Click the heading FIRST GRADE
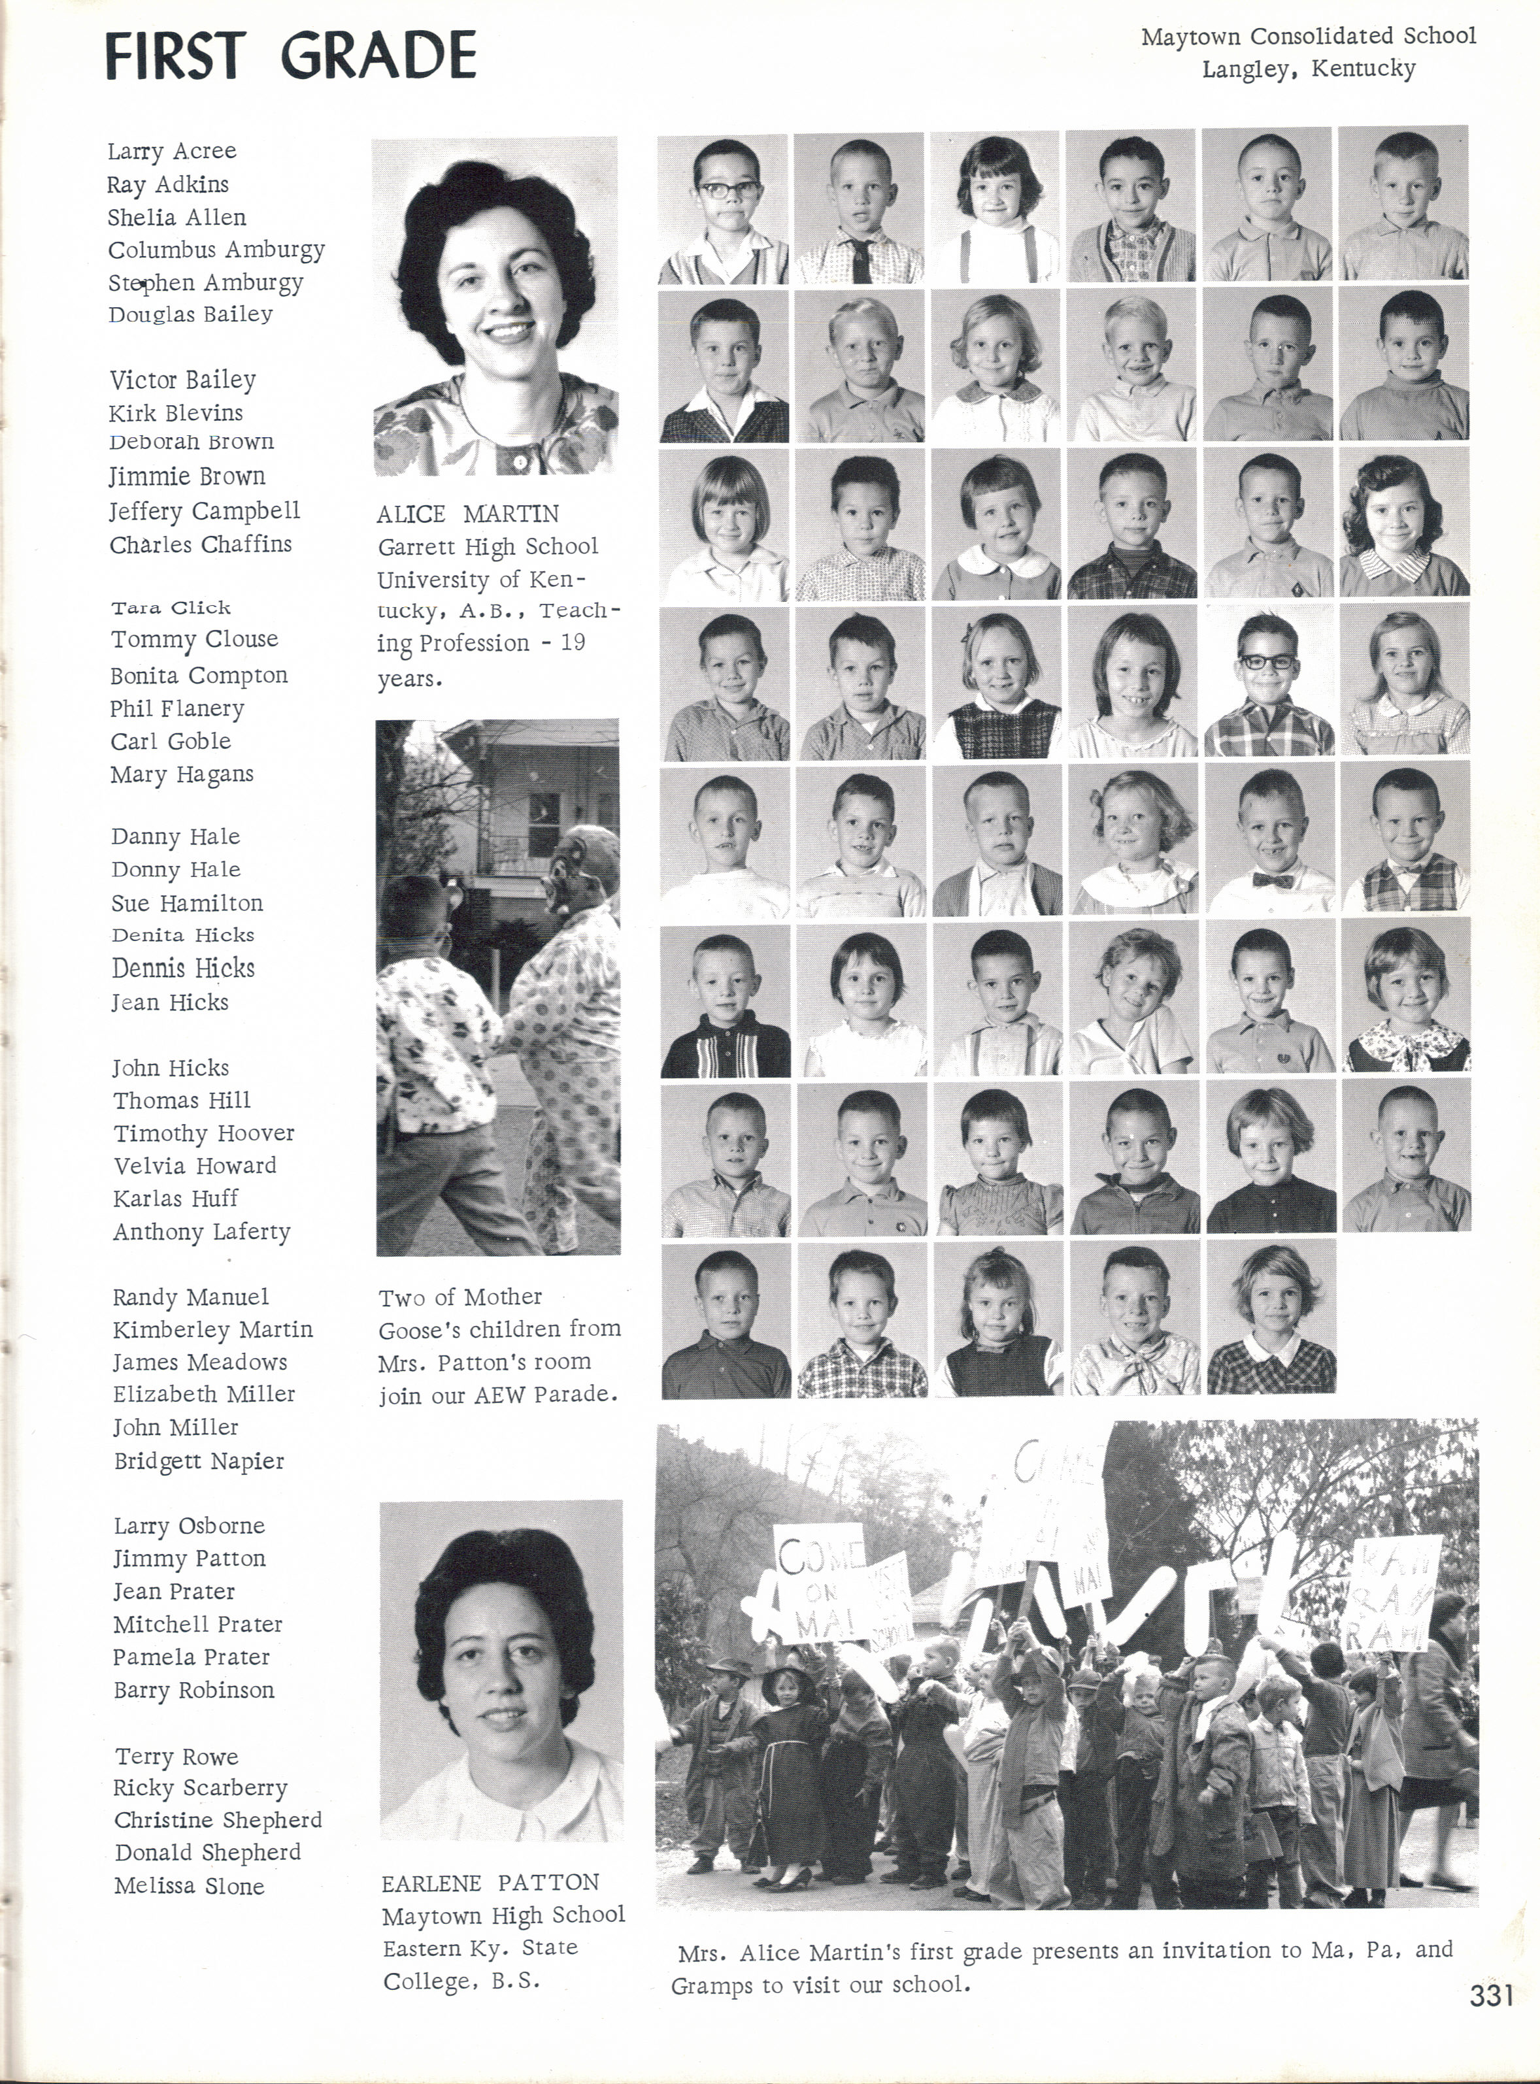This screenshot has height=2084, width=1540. [290, 56]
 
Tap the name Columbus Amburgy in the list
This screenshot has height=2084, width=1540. [216, 250]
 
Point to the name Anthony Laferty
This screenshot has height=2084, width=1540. [201, 1231]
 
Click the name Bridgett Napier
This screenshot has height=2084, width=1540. [199, 1461]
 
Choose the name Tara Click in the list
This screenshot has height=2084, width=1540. [171, 608]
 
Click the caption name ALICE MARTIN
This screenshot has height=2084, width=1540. [468, 514]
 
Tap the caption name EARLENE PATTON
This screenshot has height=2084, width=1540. [490, 1883]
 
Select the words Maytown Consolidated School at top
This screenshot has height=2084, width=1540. [1308, 37]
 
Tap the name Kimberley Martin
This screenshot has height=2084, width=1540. [212, 1329]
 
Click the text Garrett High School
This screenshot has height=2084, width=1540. [486, 546]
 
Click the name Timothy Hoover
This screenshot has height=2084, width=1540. [203, 1133]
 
